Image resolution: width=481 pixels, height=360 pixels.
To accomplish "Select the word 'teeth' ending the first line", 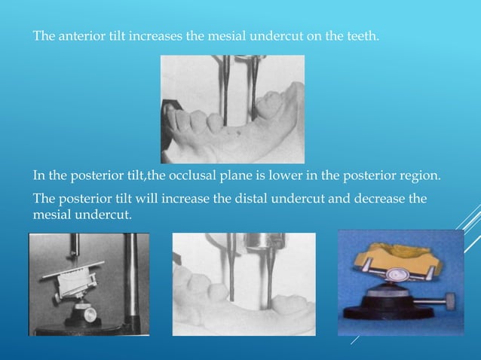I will pos(362,36).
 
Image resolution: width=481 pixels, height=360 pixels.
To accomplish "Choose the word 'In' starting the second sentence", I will pos(38,176).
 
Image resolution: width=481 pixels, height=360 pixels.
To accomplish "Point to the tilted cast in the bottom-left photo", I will pos(71,278).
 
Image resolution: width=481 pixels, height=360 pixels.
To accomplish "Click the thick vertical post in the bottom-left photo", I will pos(131,282).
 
